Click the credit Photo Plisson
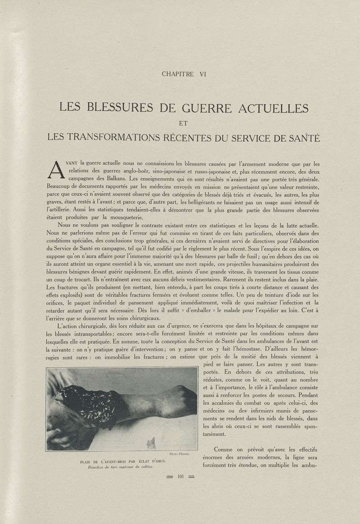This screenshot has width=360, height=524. point(180,454)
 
